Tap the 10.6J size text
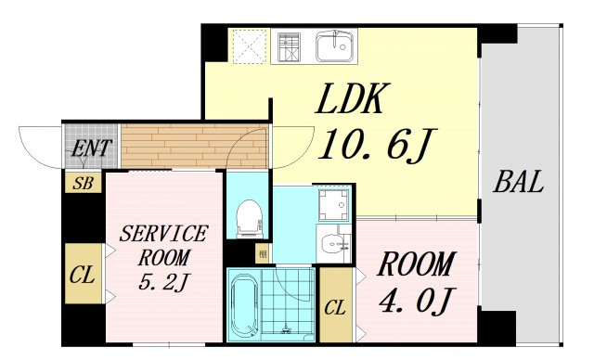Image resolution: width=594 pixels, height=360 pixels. [377, 145]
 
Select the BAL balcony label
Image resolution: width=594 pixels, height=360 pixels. [519, 182]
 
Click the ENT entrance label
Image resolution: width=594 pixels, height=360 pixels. [91, 148]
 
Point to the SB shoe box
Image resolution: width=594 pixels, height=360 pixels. [84, 183]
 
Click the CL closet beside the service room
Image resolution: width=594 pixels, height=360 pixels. [84, 274]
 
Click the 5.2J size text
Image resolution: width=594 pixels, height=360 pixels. [163, 282]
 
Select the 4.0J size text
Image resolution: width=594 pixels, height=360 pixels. [417, 301]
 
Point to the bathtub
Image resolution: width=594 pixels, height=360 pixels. [244, 304]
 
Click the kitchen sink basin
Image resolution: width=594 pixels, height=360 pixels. [335, 46]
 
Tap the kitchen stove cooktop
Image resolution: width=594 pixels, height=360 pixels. [289, 47]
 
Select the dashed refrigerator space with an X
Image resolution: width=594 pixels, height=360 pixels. [250, 46]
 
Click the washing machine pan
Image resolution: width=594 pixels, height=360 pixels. [333, 205]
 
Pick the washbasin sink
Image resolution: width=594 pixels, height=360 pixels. [333, 244]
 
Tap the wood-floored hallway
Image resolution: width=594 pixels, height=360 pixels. [194, 146]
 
